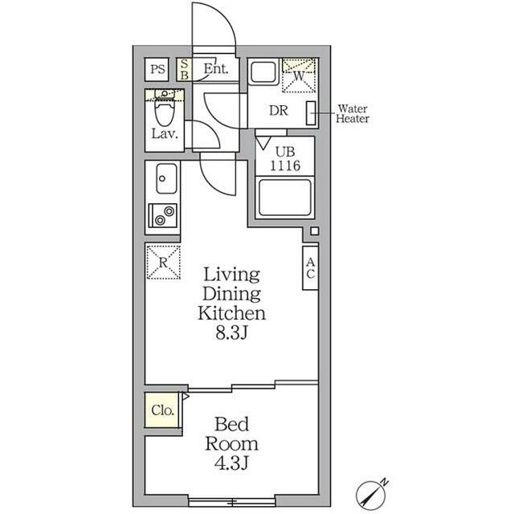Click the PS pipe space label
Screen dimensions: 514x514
[x=157, y=70]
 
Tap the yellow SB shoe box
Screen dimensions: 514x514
[x=184, y=70]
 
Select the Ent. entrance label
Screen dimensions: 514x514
[x=216, y=69]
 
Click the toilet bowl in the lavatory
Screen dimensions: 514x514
[x=164, y=112]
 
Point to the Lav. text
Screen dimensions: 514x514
[x=165, y=133]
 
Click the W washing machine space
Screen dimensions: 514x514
[x=299, y=75]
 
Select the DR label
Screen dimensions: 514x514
[x=279, y=111]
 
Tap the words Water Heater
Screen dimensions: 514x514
[x=353, y=113]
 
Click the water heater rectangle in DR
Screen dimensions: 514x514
[x=311, y=113]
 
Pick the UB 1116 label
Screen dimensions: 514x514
[x=285, y=159]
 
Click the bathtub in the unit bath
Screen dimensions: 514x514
[x=285, y=198]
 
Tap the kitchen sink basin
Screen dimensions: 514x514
[x=166, y=178]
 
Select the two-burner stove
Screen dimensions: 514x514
[x=163, y=215]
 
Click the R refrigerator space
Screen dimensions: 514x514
[x=163, y=263]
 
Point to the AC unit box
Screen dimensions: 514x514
[x=310, y=267]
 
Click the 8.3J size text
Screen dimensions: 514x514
[x=231, y=333]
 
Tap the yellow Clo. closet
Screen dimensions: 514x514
[x=161, y=410]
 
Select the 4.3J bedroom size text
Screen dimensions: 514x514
[x=231, y=463]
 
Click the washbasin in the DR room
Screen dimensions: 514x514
[x=263, y=72]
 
